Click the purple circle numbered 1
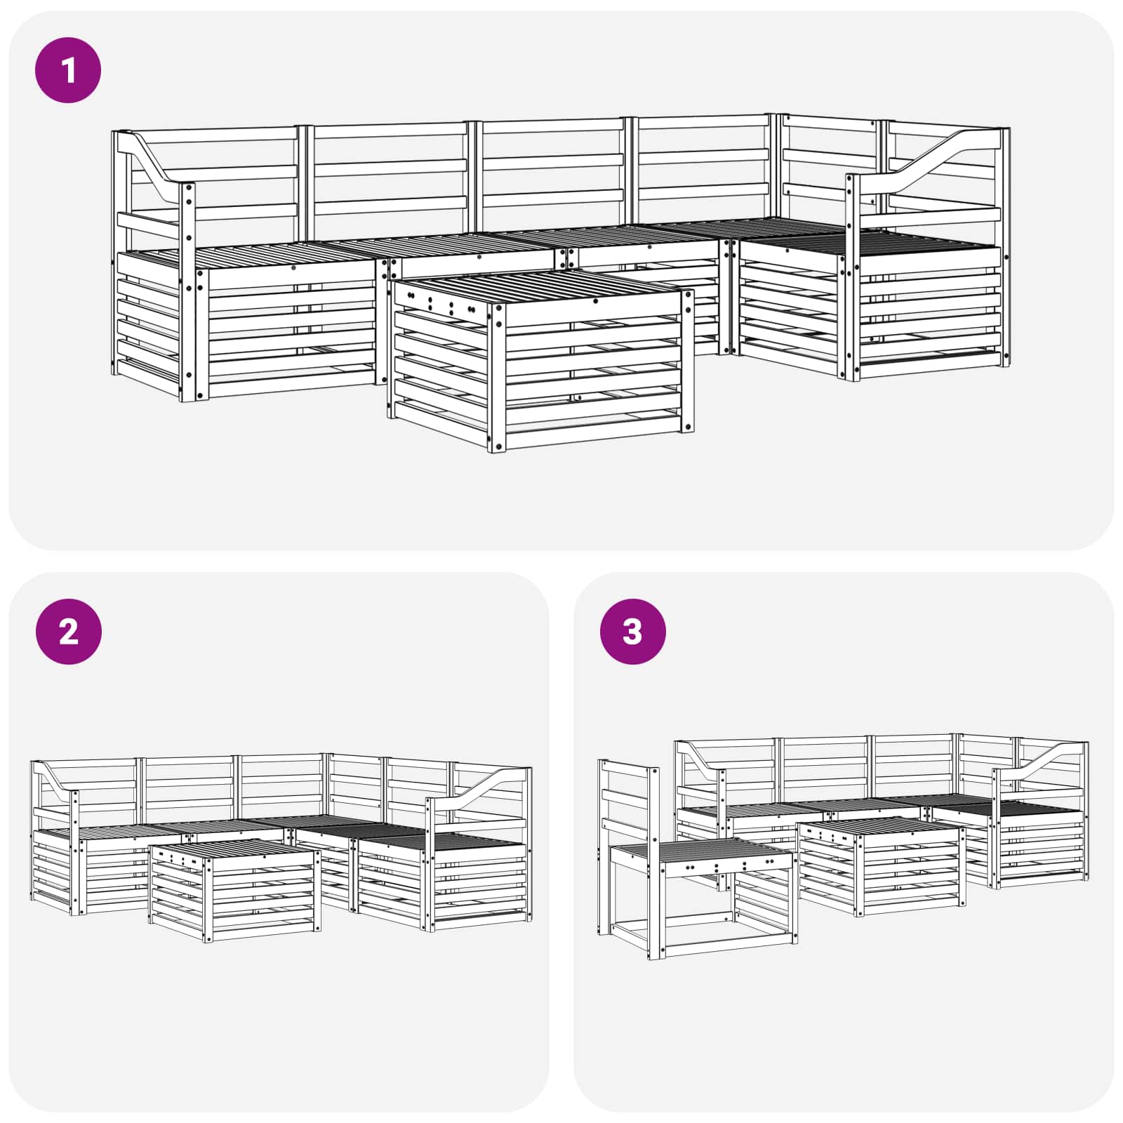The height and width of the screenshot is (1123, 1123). [68, 71]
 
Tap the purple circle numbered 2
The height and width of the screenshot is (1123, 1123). [68, 632]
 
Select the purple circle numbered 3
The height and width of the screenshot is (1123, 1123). [632, 632]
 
